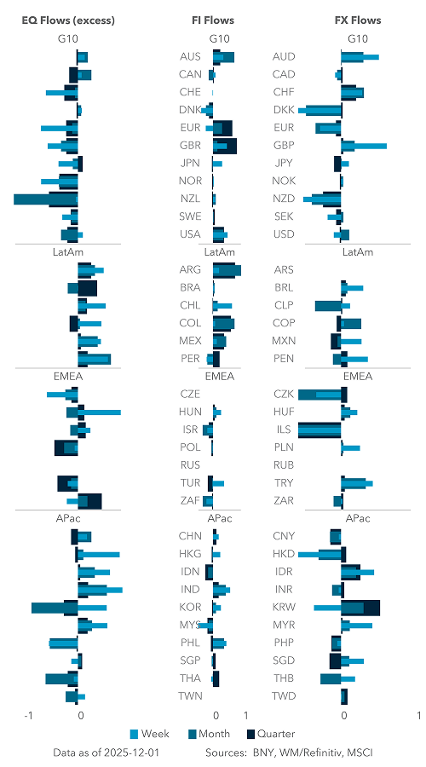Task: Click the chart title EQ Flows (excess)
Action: click(x=55, y=20)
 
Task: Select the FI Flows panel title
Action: click(x=213, y=20)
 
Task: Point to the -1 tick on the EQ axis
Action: click(x=30, y=717)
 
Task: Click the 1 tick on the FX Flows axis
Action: click(x=419, y=717)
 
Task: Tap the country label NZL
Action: click(x=190, y=199)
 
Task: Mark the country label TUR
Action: click(x=190, y=483)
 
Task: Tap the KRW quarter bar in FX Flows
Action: click(x=371, y=608)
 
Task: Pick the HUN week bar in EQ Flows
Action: click(x=101, y=412)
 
